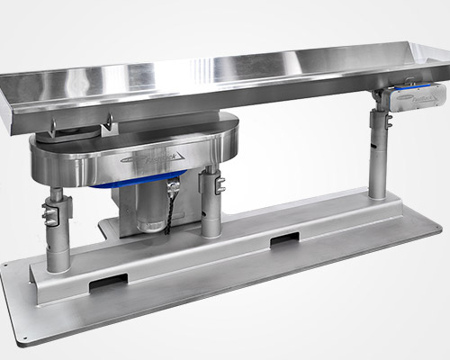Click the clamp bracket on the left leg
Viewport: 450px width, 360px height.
click(54, 216)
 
